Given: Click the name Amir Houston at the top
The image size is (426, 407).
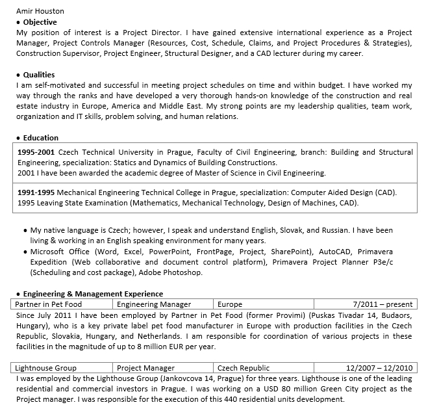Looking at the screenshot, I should tap(40, 12).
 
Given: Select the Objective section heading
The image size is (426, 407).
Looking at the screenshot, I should tap(40, 22).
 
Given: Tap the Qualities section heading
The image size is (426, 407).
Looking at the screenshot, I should tap(39, 75).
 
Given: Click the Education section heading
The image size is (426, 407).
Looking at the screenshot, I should tap(40, 138).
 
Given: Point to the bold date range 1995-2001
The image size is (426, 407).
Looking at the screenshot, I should tap(36, 152).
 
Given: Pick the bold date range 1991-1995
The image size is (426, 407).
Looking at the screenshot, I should tap(36, 192).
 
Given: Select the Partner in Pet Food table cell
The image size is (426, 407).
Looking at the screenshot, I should tap(49, 304).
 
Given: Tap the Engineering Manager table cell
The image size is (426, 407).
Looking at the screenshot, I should tap(154, 304).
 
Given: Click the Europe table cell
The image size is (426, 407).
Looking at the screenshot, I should tap(230, 304).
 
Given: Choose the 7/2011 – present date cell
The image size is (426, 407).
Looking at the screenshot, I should tap(382, 304).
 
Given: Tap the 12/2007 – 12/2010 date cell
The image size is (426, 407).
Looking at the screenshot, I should tap(379, 367).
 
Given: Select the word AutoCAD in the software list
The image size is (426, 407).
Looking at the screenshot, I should tap(336, 252).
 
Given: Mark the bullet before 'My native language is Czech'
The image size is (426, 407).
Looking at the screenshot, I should tap(25, 231).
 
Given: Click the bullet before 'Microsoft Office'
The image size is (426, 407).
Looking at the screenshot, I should tap(25, 252).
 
